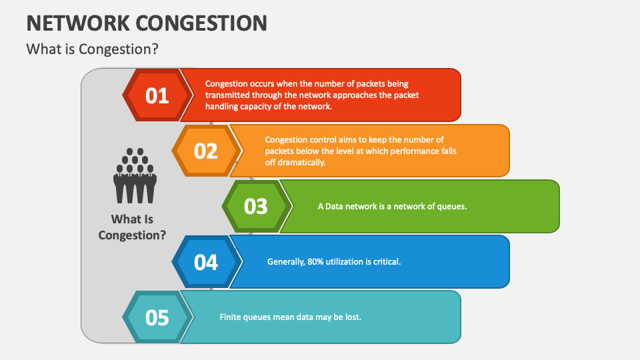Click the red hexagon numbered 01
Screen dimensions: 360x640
coord(157,95)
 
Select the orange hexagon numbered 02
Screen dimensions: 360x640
coord(205,151)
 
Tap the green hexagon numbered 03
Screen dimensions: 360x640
coord(255,206)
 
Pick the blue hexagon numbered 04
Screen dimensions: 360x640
coord(205,262)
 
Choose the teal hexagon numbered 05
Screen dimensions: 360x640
coord(157,317)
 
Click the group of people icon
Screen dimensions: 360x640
coord(135,175)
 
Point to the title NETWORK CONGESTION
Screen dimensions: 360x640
coord(147,22)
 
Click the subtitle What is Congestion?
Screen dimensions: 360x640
coord(92,49)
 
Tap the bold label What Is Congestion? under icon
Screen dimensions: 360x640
coord(132,227)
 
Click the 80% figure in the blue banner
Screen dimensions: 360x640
coord(315,262)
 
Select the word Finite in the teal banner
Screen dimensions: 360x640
coord(231,317)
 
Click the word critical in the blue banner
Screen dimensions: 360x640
coord(387,262)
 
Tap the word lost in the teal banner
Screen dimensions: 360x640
coord(353,317)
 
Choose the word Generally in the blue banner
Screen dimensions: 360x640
coord(286,262)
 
